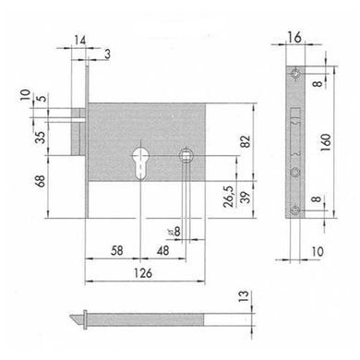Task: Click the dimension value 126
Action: point(143,273)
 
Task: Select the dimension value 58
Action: point(117,250)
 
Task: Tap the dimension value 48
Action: point(162,250)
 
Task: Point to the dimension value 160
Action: point(326,142)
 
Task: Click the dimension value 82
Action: point(246,141)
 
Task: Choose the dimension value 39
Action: point(246,197)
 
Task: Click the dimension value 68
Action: point(41,181)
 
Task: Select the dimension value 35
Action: point(41,137)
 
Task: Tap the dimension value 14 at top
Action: point(80,41)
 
